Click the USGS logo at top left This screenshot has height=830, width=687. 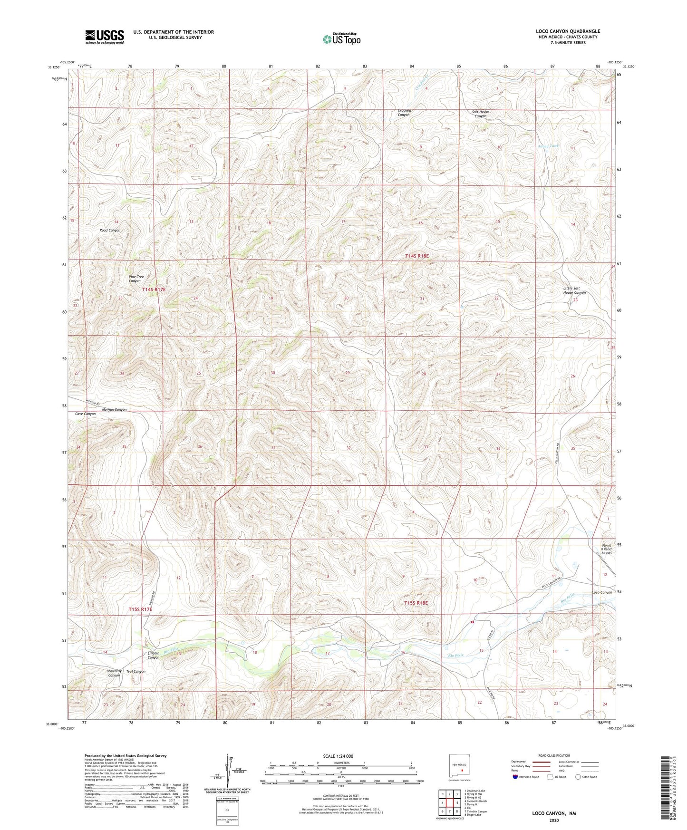(x=104, y=37)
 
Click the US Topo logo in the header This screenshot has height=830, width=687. (x=341, y=39)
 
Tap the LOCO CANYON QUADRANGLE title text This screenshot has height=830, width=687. (x=568, y=31)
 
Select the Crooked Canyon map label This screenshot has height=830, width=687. (x=404, y=113)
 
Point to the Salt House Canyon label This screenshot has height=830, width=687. (x=480, y=114)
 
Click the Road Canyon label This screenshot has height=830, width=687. (x=110, y=230)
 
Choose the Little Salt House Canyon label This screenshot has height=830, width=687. (x=574, y=290)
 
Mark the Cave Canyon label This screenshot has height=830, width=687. (x=86, y=414)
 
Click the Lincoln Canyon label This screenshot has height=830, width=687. (x=153, y=655)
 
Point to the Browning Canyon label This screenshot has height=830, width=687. (x=114, y=673)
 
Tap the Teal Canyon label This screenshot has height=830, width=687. (x=136, y=671)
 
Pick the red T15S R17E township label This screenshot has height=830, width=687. (x=140, y=609)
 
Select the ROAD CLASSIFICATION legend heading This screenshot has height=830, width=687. (x=554, y=755)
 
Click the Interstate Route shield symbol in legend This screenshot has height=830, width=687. (x=516, y=777)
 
